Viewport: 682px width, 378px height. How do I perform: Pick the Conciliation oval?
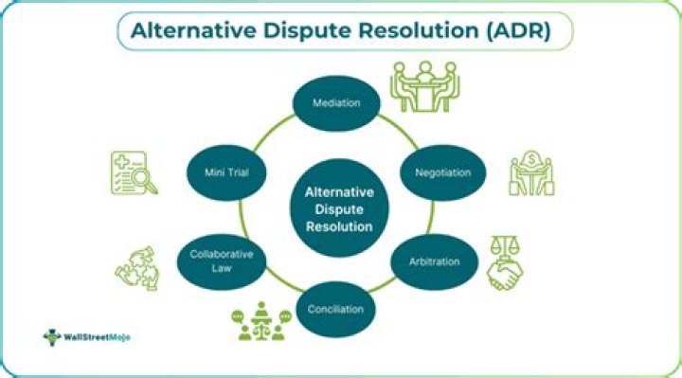point(336,309)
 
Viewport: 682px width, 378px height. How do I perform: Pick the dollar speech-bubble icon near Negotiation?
point(530,173)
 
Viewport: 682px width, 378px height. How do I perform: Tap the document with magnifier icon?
point(134,173)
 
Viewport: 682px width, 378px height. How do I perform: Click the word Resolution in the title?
point(413,31)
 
